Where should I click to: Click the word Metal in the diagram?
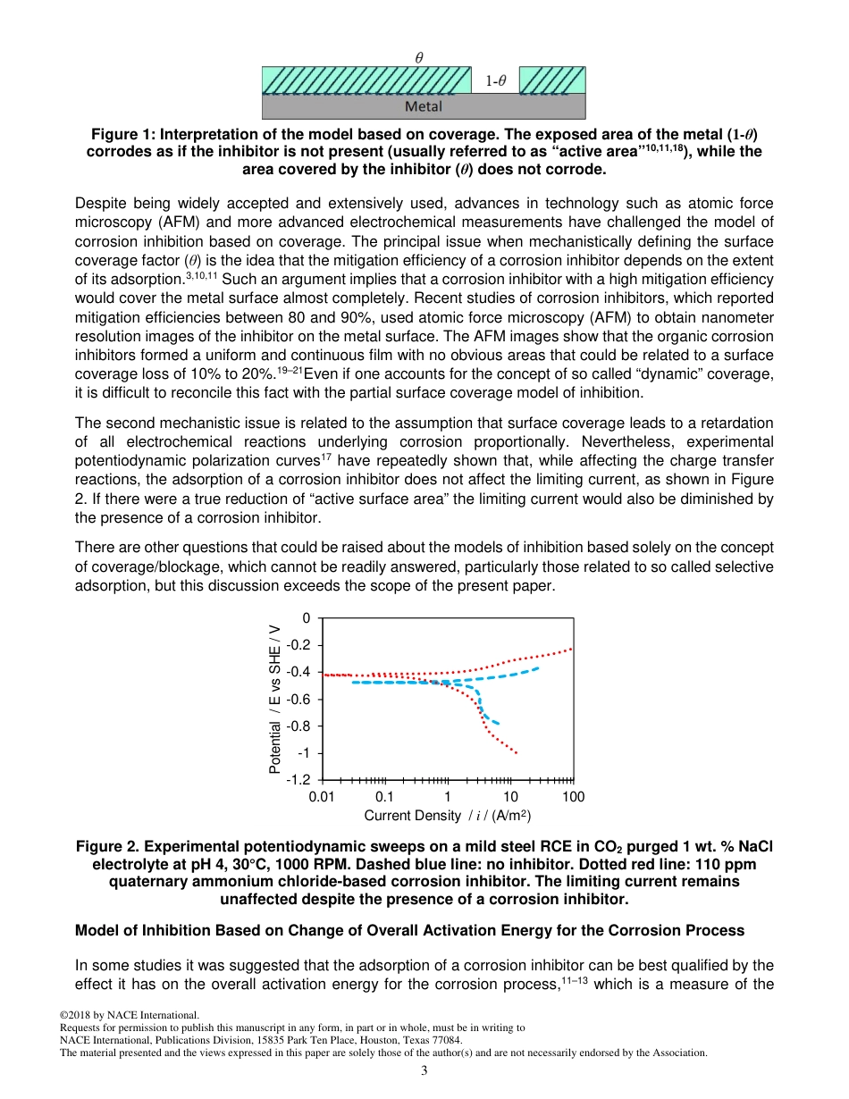click(x=424, y=106)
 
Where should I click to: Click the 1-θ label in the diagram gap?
click(x=495, y=80)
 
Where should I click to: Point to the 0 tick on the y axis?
click(x=306, y=618)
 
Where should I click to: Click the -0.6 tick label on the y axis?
click(x=298, y=700)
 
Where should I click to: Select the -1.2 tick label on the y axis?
click(x=298, y=780)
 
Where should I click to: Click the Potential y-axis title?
click(x=275, y=697)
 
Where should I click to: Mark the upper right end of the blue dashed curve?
click(x=537, y=668)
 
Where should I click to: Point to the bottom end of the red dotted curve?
click(x=516, y=752)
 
